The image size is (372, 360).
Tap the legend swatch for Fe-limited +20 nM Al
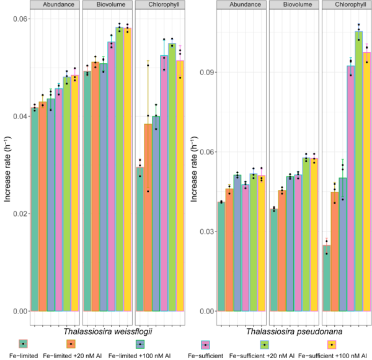[x=71, y=343]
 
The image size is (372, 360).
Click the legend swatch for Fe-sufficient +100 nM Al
[x=332, y=343]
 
